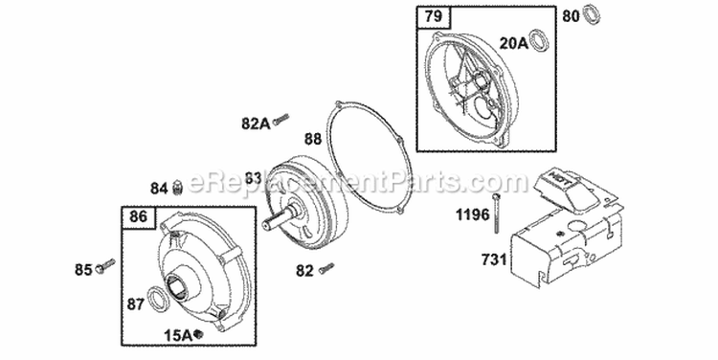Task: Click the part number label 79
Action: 433,17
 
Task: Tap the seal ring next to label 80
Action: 592,14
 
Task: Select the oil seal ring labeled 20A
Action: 539,39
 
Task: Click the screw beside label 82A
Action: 280,120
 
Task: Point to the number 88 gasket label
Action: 313,139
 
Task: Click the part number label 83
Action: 253,178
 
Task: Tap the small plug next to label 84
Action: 178,188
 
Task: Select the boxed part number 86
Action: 138,216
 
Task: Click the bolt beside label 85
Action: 105,266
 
